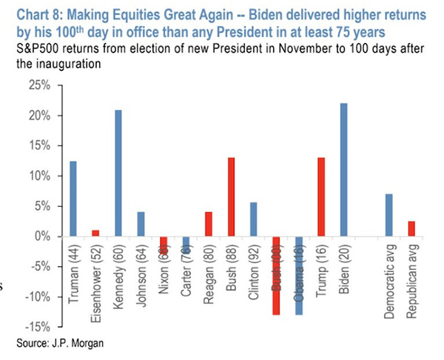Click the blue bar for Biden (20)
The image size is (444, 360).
pos(343,169)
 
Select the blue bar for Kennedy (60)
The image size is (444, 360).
pos(119,173)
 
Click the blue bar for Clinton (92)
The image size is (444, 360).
pos(254,219)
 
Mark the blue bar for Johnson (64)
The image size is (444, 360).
pos(141,224)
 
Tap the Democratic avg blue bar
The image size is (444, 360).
pos(388,214)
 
